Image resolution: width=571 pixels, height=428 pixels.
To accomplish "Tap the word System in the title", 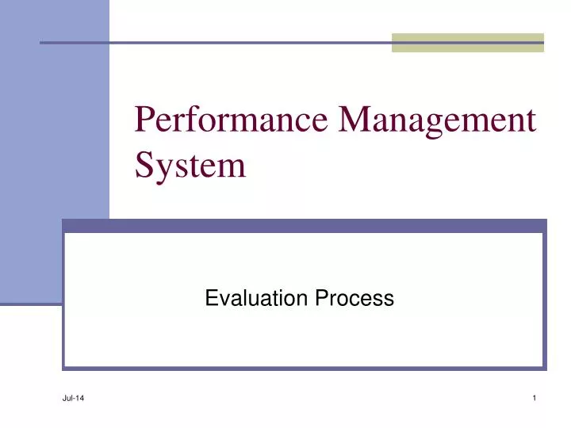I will (x=190, y=166).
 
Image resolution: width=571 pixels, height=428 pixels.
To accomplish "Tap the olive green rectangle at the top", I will (x=468, y=42).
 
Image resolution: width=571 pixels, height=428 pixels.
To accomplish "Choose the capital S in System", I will (x=144, y=166).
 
